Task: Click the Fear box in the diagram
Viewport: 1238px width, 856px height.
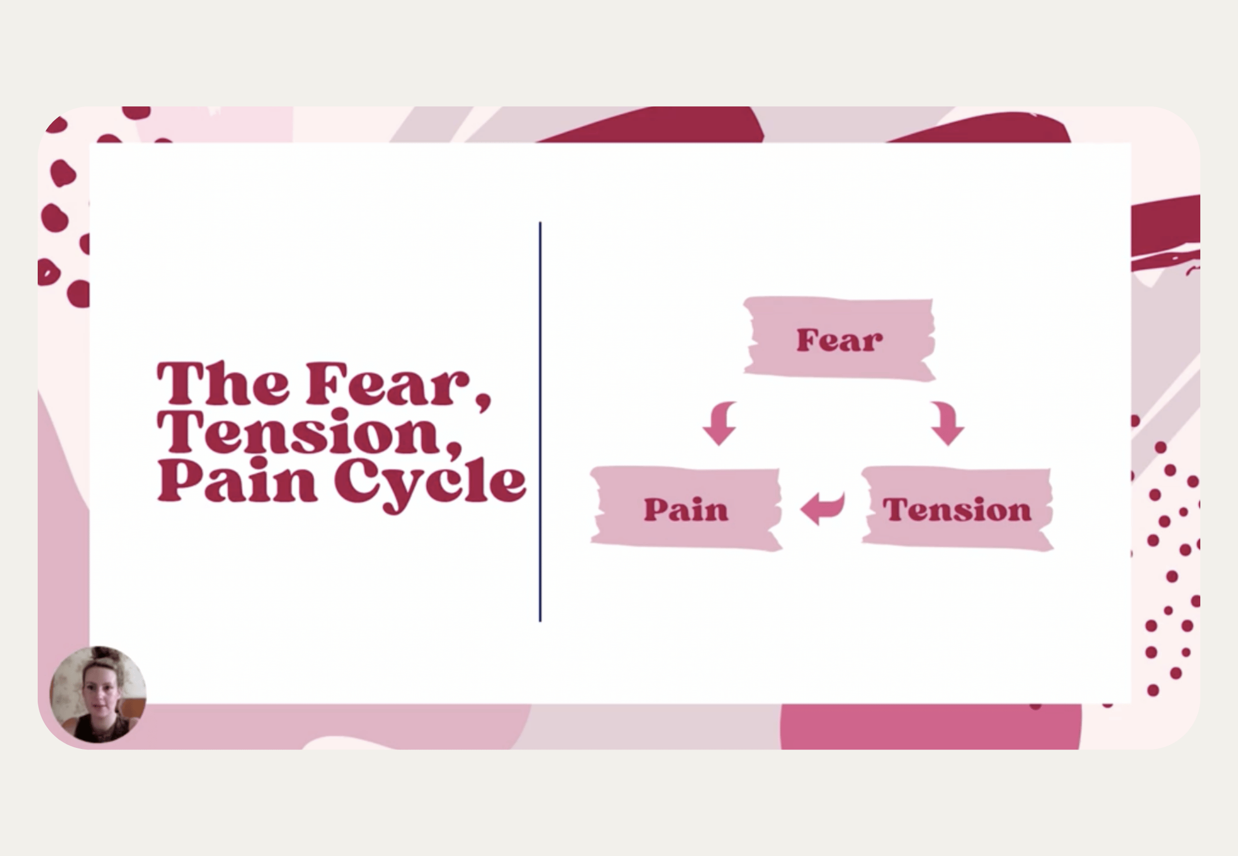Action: tap(839, 339)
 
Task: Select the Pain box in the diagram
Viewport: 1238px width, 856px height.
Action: tap(686, 508)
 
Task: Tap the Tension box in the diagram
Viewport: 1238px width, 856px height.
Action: tap(957, 509)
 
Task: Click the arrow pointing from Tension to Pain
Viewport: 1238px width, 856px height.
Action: tap(822, 507)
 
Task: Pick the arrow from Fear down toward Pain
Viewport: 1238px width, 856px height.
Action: tap(720, 423)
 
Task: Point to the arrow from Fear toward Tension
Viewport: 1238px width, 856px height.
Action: tap(947, 423)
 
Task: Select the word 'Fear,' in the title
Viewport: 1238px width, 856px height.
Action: tap(397, 384)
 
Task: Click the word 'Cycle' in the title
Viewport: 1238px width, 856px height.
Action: tap(429, 482)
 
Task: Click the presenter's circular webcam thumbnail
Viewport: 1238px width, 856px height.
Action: tap(98, 694)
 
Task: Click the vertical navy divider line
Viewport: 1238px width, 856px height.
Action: tap(540, 421)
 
